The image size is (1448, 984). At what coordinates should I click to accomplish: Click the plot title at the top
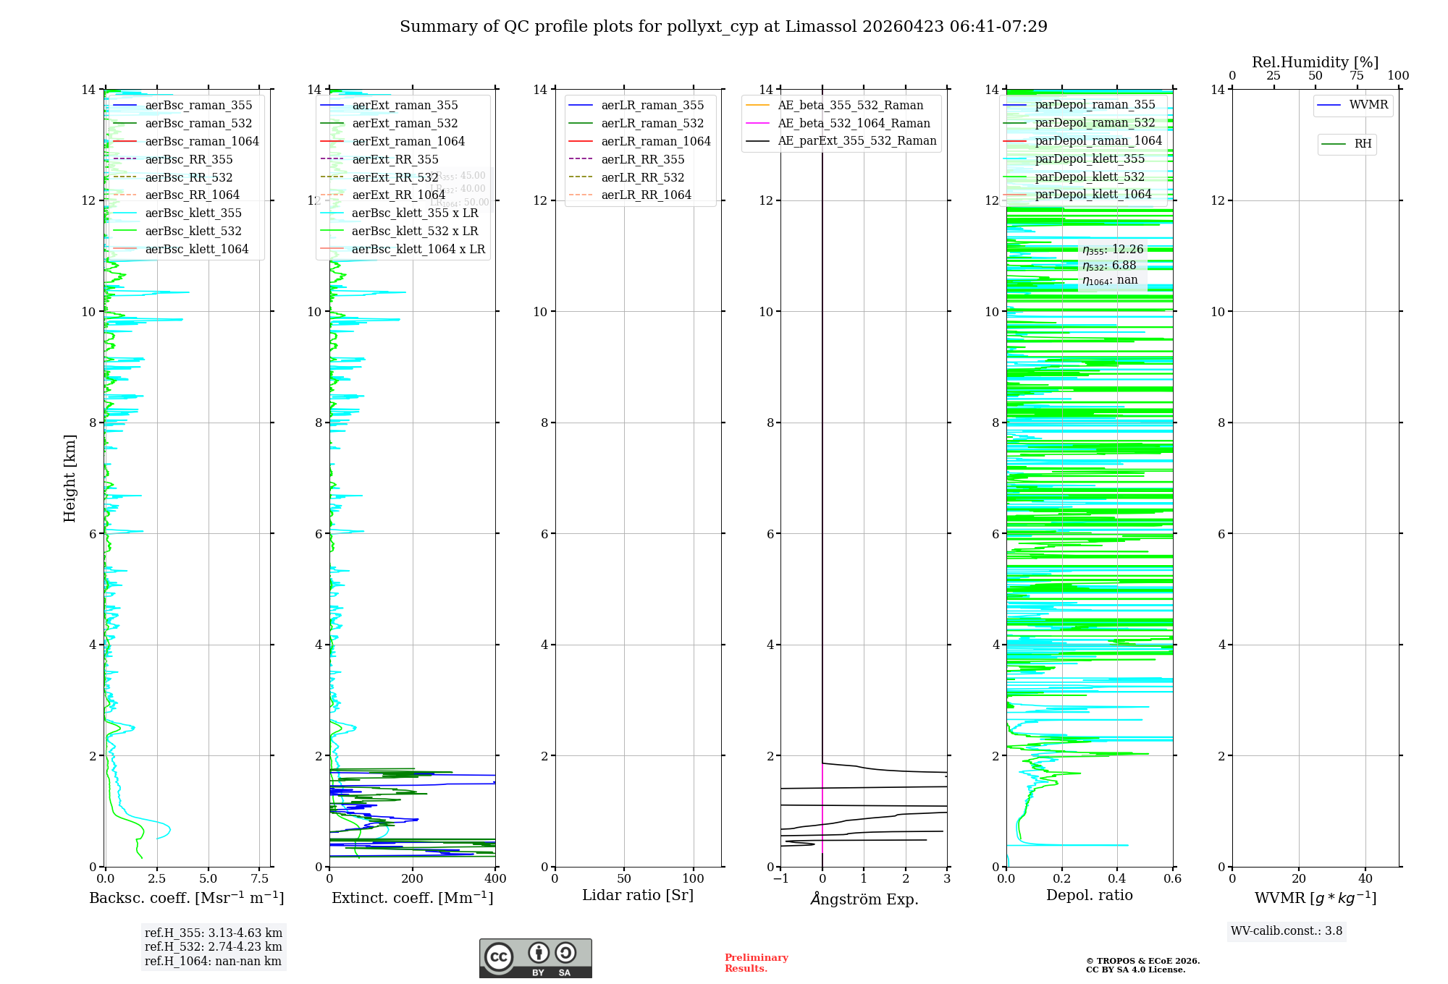tap(723, 27)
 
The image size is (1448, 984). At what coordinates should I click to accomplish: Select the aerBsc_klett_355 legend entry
tap(193, 213)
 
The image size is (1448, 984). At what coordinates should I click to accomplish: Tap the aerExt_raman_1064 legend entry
tap(408, 141)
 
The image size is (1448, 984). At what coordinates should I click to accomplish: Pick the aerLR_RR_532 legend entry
tap(642, 177)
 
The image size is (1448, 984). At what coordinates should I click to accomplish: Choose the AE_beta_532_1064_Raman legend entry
tap(854, 123)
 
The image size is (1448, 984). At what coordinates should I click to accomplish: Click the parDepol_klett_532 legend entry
tap(1089, 177)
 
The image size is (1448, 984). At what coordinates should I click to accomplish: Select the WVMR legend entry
tap(1368, 105)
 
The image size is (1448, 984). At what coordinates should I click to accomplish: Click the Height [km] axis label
tap(70, 478)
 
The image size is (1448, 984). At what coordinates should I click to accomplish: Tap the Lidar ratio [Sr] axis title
tap(638, 895)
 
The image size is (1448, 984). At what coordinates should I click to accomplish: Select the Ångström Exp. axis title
tap(864, 899)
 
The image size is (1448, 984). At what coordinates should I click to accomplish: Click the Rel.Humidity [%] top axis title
tap(1315, 62)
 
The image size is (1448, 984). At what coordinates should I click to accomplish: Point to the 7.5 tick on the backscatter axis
tap(260, 878)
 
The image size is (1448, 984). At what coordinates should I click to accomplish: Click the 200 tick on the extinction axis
tap(413, 878)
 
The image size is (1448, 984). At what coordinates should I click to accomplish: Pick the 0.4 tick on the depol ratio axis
tap(1117, 878)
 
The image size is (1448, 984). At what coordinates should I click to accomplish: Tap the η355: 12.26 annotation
tap(1113, 250)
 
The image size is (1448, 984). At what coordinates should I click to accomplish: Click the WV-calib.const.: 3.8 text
tap(1287, 930)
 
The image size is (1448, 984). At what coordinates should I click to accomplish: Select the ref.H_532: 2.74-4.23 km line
tap(214, 946)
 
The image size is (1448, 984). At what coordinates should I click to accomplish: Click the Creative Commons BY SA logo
tap(535, 958)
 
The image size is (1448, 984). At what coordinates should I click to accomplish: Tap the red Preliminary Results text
tap(756, 962)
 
